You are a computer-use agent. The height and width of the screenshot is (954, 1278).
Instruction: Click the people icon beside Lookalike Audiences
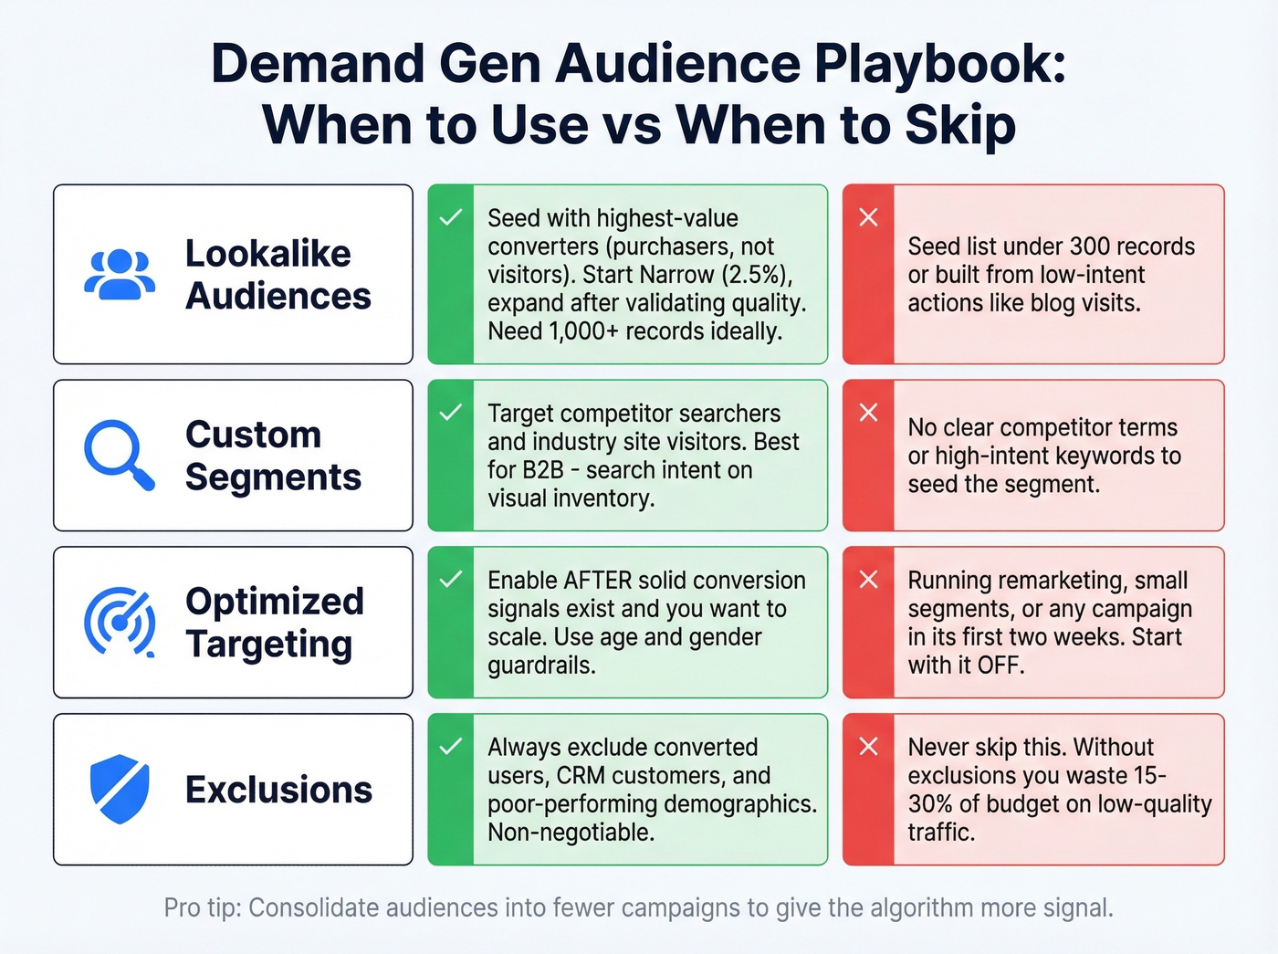click(119, 275)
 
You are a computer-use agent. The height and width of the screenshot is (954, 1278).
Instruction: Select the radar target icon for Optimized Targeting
click(119, 623)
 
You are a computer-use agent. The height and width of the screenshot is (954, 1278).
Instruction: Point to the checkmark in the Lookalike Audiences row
click(450, 217)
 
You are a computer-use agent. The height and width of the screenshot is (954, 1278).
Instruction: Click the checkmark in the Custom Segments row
click(450, 413)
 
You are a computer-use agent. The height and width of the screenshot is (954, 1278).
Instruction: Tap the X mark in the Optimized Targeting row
click(868, 580)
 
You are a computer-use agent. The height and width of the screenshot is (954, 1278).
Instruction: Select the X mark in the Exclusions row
click(868, 747)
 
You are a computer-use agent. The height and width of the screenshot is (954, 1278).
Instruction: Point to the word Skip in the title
click(960, 125)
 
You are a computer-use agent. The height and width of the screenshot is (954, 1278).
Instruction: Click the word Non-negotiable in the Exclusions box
click(571, 833)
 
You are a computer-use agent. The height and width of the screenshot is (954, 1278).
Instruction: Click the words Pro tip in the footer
click(202, 908)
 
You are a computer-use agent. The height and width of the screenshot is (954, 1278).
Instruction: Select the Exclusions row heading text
click(278, 790)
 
